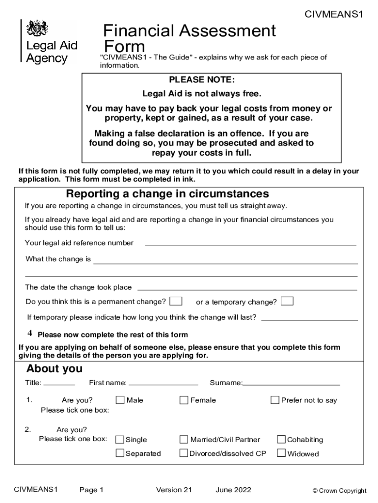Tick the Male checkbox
click(120, 400)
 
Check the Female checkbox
click(184, 400)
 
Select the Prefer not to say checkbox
click(275, 400)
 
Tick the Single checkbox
click(120, 439)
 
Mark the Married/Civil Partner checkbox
click(184, 439)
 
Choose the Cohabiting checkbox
click(281, 439)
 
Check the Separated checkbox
click(120, 453)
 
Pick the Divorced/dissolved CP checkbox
click(184, 453)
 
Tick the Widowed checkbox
click(281, 453)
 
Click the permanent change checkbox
click(176, 301)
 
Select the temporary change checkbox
click(287, 301)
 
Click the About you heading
click(54, 369)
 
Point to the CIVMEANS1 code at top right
click(334, 15)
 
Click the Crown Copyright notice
click(340, 490)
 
